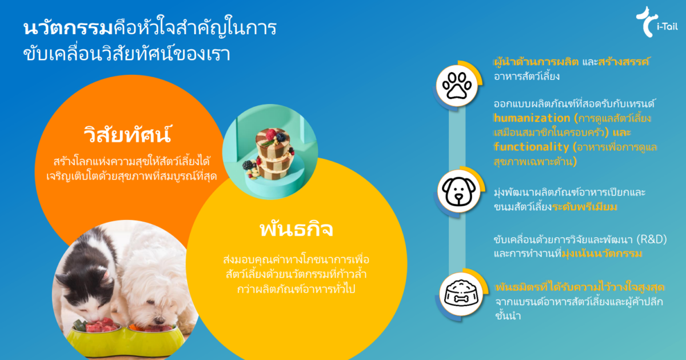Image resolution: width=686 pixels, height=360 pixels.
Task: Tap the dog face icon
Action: tap(456, 191)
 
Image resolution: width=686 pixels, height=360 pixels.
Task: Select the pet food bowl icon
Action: tap(456, 294)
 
